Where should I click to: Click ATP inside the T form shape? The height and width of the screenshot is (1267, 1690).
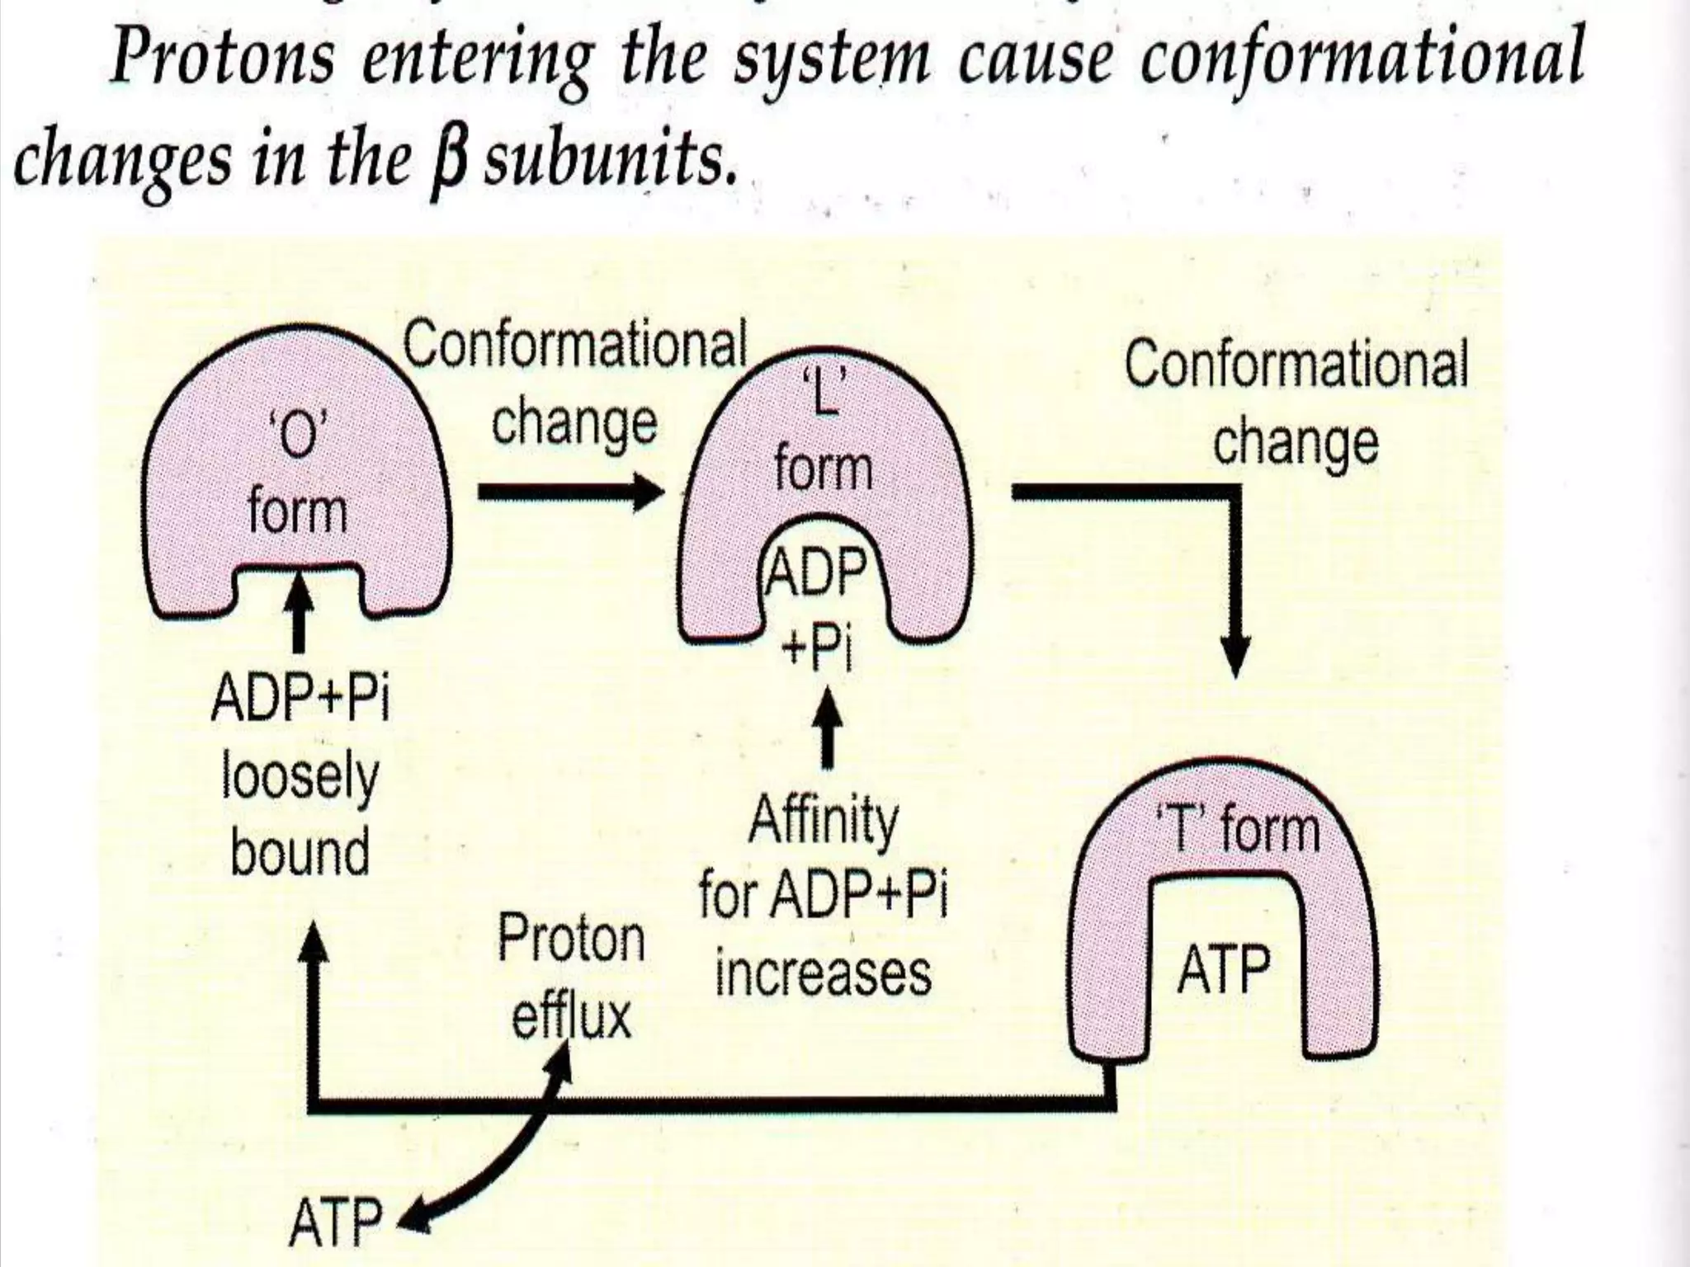click(1223, 972)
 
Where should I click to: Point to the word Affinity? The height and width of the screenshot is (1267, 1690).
click(823, 821)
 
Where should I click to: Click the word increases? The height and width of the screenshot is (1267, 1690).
click(823, 973)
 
